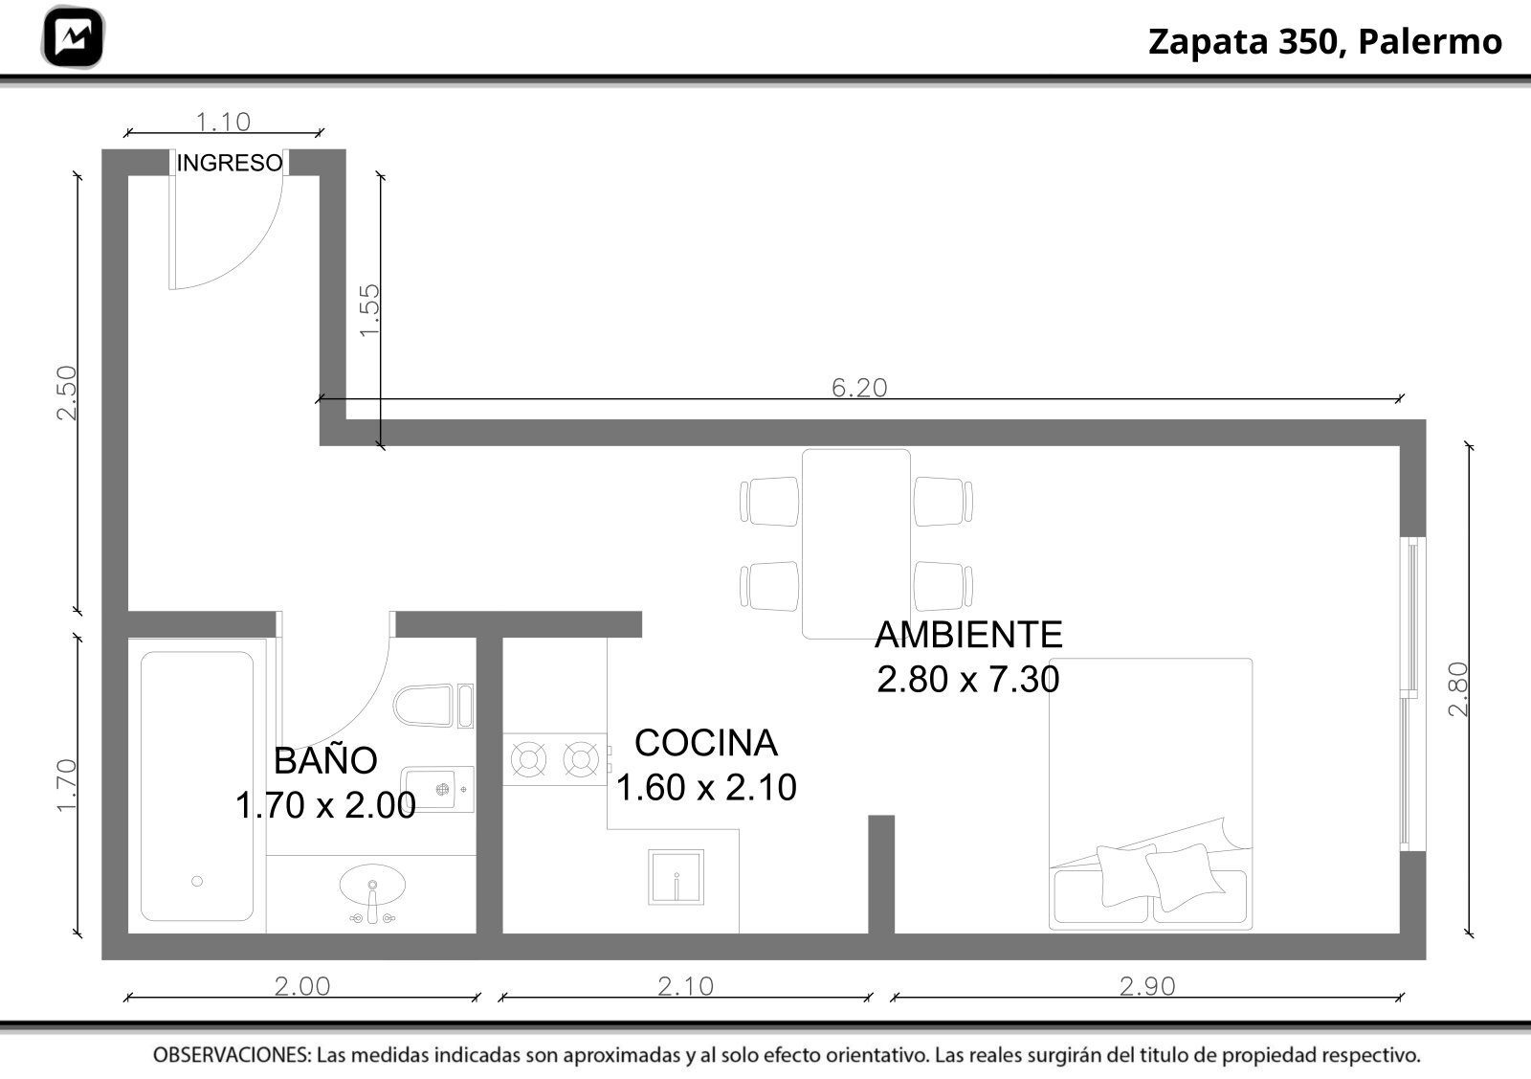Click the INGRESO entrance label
[230, 163]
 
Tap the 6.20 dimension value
[859, 388]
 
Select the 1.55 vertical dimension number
[369, 310]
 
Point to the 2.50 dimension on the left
[67, 393]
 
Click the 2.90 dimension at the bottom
[1147, 986]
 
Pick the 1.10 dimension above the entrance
[224, 123]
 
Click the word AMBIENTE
[968, 635]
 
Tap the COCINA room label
[706, 743]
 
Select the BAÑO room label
[325, 759]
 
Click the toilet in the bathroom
[433, 706]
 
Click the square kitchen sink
[676, 877]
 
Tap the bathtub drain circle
[197, 881]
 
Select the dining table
[855, 544]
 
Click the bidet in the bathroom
[436, 788]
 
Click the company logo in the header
[73, 37]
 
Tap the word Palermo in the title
[1430, 41]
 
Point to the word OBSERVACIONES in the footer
[232, 1055]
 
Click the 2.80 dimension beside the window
[1457, 689]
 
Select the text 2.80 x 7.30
[967, 679]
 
